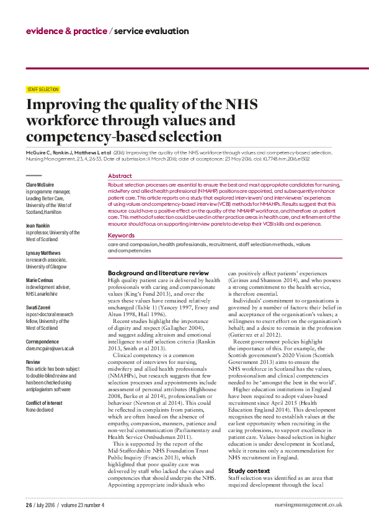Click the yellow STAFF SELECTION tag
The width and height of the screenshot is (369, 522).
pyautogui.click(x=43, y=90)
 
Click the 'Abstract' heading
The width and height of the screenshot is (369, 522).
pyautogui.click(x=120, y=176)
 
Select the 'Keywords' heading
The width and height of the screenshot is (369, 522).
pyautogui.click(x=122, y=236)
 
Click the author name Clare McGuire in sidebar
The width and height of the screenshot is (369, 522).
pyautogui.click(x=40, y=185)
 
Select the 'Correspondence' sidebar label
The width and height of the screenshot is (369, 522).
pyautogui.click(x=43, y=342)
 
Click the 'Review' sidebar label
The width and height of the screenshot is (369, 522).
pyautogui.click(x=33, y=362)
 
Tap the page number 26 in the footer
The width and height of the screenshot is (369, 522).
pyautogui.click(x=29, y=505)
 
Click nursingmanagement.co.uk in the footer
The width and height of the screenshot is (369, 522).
pyautogui.click(x=308, y=505)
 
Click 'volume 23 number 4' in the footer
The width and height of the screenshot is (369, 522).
pyautogui.click(x=82, y=505)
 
